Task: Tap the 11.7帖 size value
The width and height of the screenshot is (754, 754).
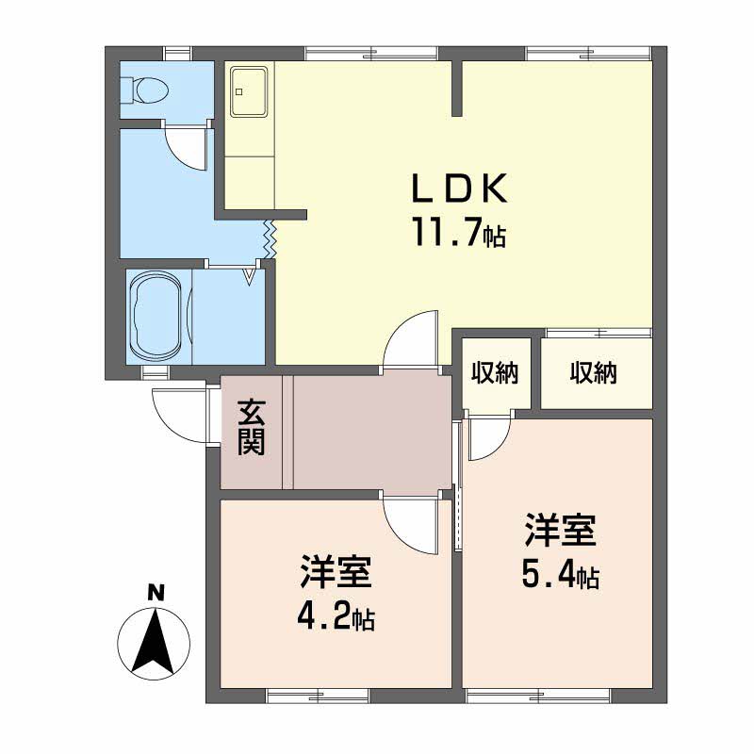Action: (458, 232)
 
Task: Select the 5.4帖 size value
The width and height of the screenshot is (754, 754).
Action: (561, 576)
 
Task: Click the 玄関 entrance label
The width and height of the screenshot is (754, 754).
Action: (250, 428)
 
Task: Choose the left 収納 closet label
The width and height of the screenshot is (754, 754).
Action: (495, 373)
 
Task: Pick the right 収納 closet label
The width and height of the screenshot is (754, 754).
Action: (593, 373)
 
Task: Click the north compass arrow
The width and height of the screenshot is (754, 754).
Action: (154, 644)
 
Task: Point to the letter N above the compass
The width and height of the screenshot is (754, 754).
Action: (155, 593)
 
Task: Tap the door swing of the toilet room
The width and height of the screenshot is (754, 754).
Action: (186, 146)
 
